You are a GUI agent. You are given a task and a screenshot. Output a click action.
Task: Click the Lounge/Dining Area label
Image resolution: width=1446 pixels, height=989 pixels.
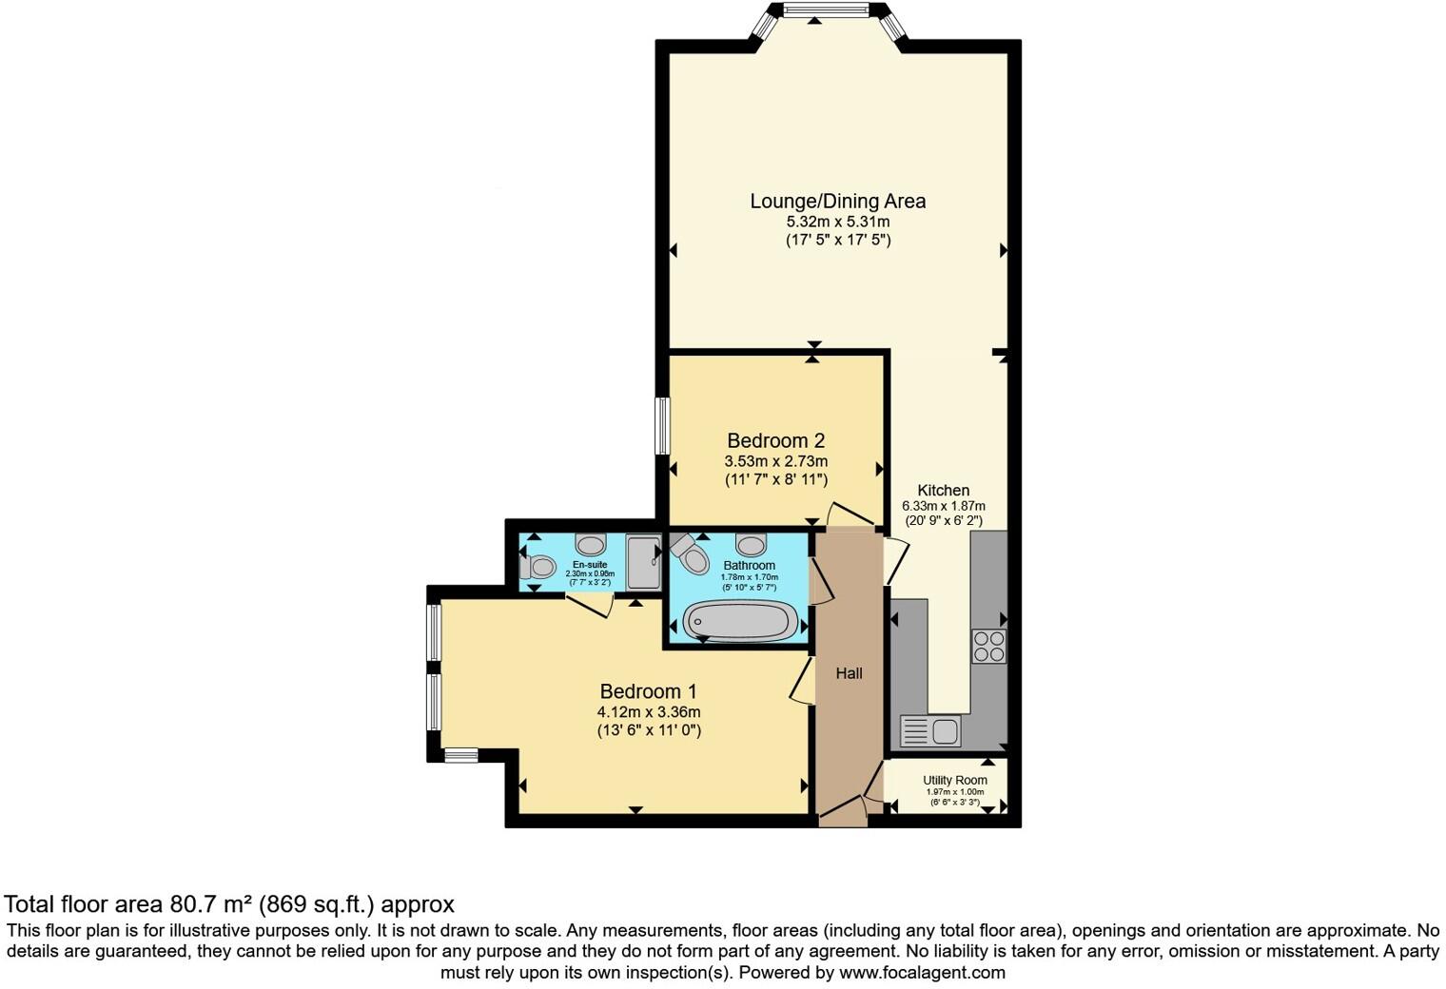[837, 201]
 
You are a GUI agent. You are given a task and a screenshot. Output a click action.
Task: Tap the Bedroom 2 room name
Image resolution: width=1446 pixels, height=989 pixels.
[775, 440]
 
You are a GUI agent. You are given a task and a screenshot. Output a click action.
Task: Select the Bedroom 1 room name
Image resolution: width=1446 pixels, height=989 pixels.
[648, 691]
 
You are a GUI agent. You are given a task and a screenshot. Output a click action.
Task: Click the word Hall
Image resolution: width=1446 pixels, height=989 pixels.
[849, 673]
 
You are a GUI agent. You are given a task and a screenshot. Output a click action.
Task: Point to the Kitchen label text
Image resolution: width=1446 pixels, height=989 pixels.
[943, 491]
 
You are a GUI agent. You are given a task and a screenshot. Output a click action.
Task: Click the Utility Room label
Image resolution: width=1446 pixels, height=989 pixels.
[954, 780]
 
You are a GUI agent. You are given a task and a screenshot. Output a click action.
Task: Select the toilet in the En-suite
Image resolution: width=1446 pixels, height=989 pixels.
[537, 567]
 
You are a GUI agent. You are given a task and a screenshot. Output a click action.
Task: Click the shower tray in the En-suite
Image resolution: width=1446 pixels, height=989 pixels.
[644, 562]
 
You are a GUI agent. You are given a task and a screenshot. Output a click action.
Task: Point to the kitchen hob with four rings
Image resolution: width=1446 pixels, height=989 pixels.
[989, 646]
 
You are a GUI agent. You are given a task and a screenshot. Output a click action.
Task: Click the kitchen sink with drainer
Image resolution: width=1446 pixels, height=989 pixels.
[931, 731]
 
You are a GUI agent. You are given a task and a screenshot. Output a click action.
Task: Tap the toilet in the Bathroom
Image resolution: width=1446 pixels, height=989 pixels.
[692, 554]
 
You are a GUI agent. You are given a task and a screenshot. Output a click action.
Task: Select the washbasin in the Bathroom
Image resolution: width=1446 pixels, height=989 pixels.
[752, 545]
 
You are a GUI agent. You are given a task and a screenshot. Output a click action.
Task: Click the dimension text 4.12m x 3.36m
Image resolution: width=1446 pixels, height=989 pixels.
[648, 712]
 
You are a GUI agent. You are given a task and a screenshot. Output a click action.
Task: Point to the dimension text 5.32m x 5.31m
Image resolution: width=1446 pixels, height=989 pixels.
[837, 222]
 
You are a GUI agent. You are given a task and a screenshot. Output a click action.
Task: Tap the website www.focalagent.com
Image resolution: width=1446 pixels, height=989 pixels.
[922, 973]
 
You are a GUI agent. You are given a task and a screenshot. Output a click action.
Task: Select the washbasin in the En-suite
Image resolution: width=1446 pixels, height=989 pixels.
[592, 545]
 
